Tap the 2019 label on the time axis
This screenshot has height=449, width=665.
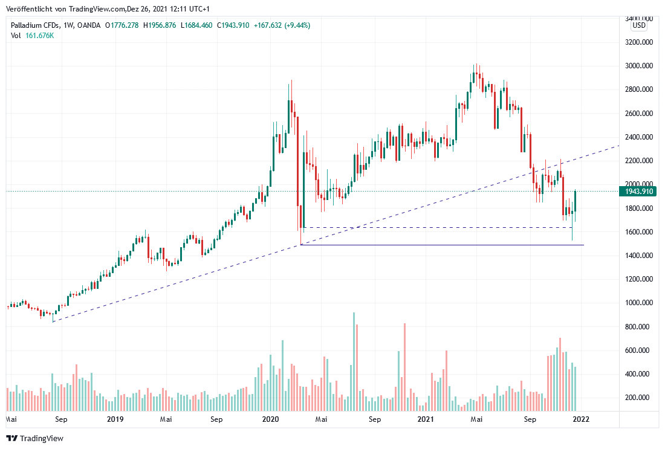coord(114,419)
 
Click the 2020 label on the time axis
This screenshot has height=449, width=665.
coord(270,419)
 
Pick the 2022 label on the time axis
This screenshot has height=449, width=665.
coord(582,419)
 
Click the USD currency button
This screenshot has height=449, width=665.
coord(639,26)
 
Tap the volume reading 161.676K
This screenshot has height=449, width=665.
coord(39,36)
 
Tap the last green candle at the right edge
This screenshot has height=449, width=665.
coord(576,201)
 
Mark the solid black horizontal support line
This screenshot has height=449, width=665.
coord(441,245)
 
